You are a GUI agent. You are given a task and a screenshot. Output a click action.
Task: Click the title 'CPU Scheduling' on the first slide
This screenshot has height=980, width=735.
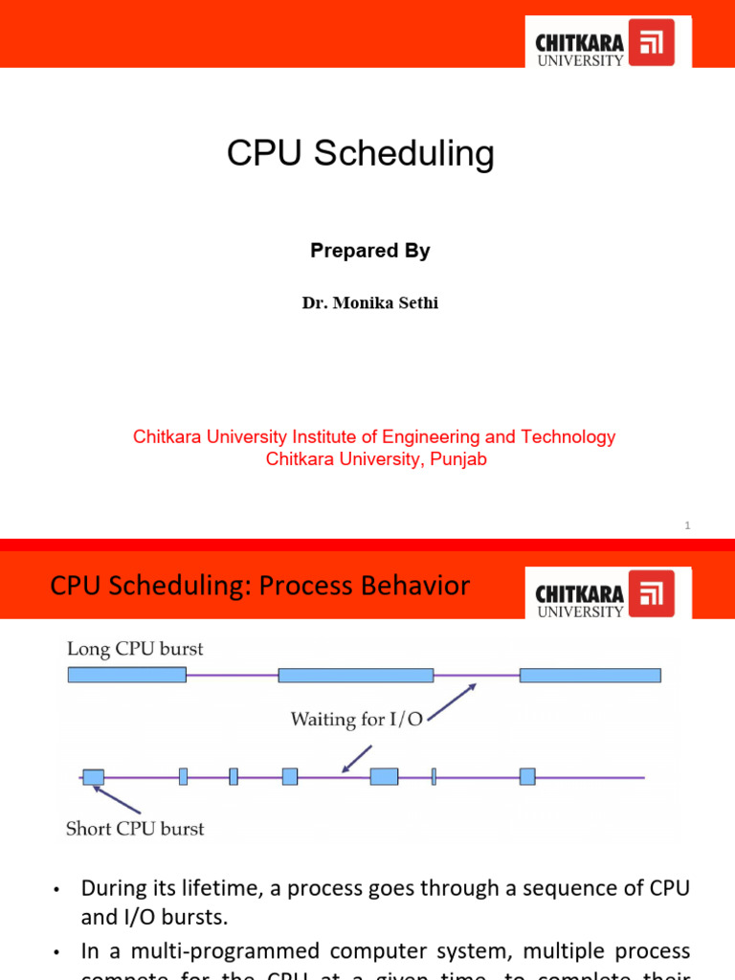pos(361,154)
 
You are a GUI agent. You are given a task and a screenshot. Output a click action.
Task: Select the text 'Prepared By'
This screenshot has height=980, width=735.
pos(369,251)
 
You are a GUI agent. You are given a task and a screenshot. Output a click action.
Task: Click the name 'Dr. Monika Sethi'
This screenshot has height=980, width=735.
pos(369,303)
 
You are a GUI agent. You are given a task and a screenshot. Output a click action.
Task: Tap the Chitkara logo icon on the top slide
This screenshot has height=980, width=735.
pos(657,42)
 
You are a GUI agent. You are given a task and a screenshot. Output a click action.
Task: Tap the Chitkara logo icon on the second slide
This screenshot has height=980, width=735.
pos(657,593)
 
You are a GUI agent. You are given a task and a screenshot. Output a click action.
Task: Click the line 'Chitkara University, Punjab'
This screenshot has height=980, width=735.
pos(376,459)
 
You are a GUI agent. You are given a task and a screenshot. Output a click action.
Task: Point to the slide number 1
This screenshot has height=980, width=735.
pos(687,525)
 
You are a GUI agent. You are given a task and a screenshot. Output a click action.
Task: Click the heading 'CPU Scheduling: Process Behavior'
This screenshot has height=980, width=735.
pos(259,586)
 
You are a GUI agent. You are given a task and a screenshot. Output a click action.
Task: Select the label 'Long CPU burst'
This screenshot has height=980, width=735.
pos(135,650)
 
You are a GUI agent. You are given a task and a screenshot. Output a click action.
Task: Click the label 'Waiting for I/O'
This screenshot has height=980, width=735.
pos(356,719)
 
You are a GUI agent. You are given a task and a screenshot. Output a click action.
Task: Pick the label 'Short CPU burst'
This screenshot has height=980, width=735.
pos(135,829)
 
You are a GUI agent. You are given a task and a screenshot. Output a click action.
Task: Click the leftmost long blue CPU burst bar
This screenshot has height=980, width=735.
pos(126,675)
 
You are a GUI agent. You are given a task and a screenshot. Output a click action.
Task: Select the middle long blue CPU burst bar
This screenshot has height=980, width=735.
pos(355,675)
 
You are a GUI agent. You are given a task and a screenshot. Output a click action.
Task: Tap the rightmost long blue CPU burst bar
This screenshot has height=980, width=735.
pos(590,675)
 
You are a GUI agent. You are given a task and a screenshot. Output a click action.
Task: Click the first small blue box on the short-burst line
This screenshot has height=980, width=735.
pos(93,776)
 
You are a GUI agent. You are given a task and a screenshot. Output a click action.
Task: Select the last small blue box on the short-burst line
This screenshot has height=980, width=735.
pos(527,776)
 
